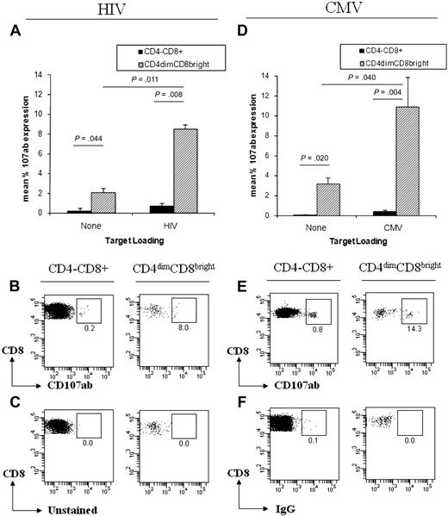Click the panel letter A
14,32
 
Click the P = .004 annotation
391,93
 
